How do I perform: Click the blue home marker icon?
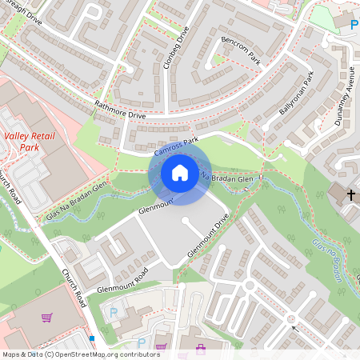tap(180, 173)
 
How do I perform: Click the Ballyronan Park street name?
tap(297, 94)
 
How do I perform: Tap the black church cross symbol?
tap(352, 194)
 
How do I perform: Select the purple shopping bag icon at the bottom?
tap(200, 348)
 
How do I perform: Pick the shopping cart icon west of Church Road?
tap(46, 318)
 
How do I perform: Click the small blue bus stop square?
tap(93, 338)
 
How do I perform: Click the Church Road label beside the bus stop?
tap(74, 289)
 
